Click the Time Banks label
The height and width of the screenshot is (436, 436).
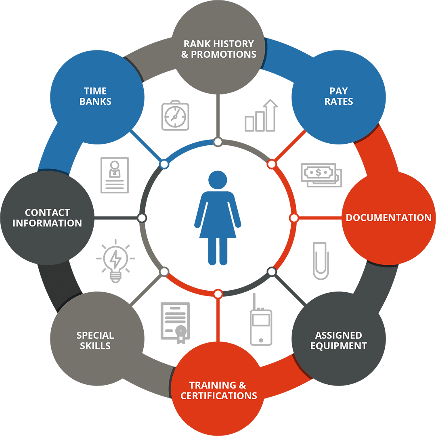[95, 96]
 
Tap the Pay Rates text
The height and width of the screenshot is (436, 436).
[339, 96]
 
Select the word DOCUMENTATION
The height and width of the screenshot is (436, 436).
[388, 218]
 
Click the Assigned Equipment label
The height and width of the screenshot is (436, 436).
[339, 340]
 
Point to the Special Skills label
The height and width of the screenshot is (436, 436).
[95, 340]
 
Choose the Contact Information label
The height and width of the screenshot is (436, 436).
[47, 218]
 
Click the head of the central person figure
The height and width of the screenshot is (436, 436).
[218, 180]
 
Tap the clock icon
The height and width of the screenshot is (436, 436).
[175, 115]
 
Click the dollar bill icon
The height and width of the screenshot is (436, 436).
[321, 175]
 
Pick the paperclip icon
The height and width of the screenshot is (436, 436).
[321, 261]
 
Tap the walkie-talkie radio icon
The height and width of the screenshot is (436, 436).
[261, 320]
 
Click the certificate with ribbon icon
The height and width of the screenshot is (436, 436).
[175, 323]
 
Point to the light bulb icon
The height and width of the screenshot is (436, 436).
[116, 261]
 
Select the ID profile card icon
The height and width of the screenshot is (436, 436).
[115, 175]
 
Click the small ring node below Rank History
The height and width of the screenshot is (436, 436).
[218, 142]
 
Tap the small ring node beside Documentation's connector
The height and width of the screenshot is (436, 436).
[293, 218]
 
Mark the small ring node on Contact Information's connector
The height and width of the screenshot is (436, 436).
[142, 218]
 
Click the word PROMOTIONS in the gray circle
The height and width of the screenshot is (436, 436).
[224, 55]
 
